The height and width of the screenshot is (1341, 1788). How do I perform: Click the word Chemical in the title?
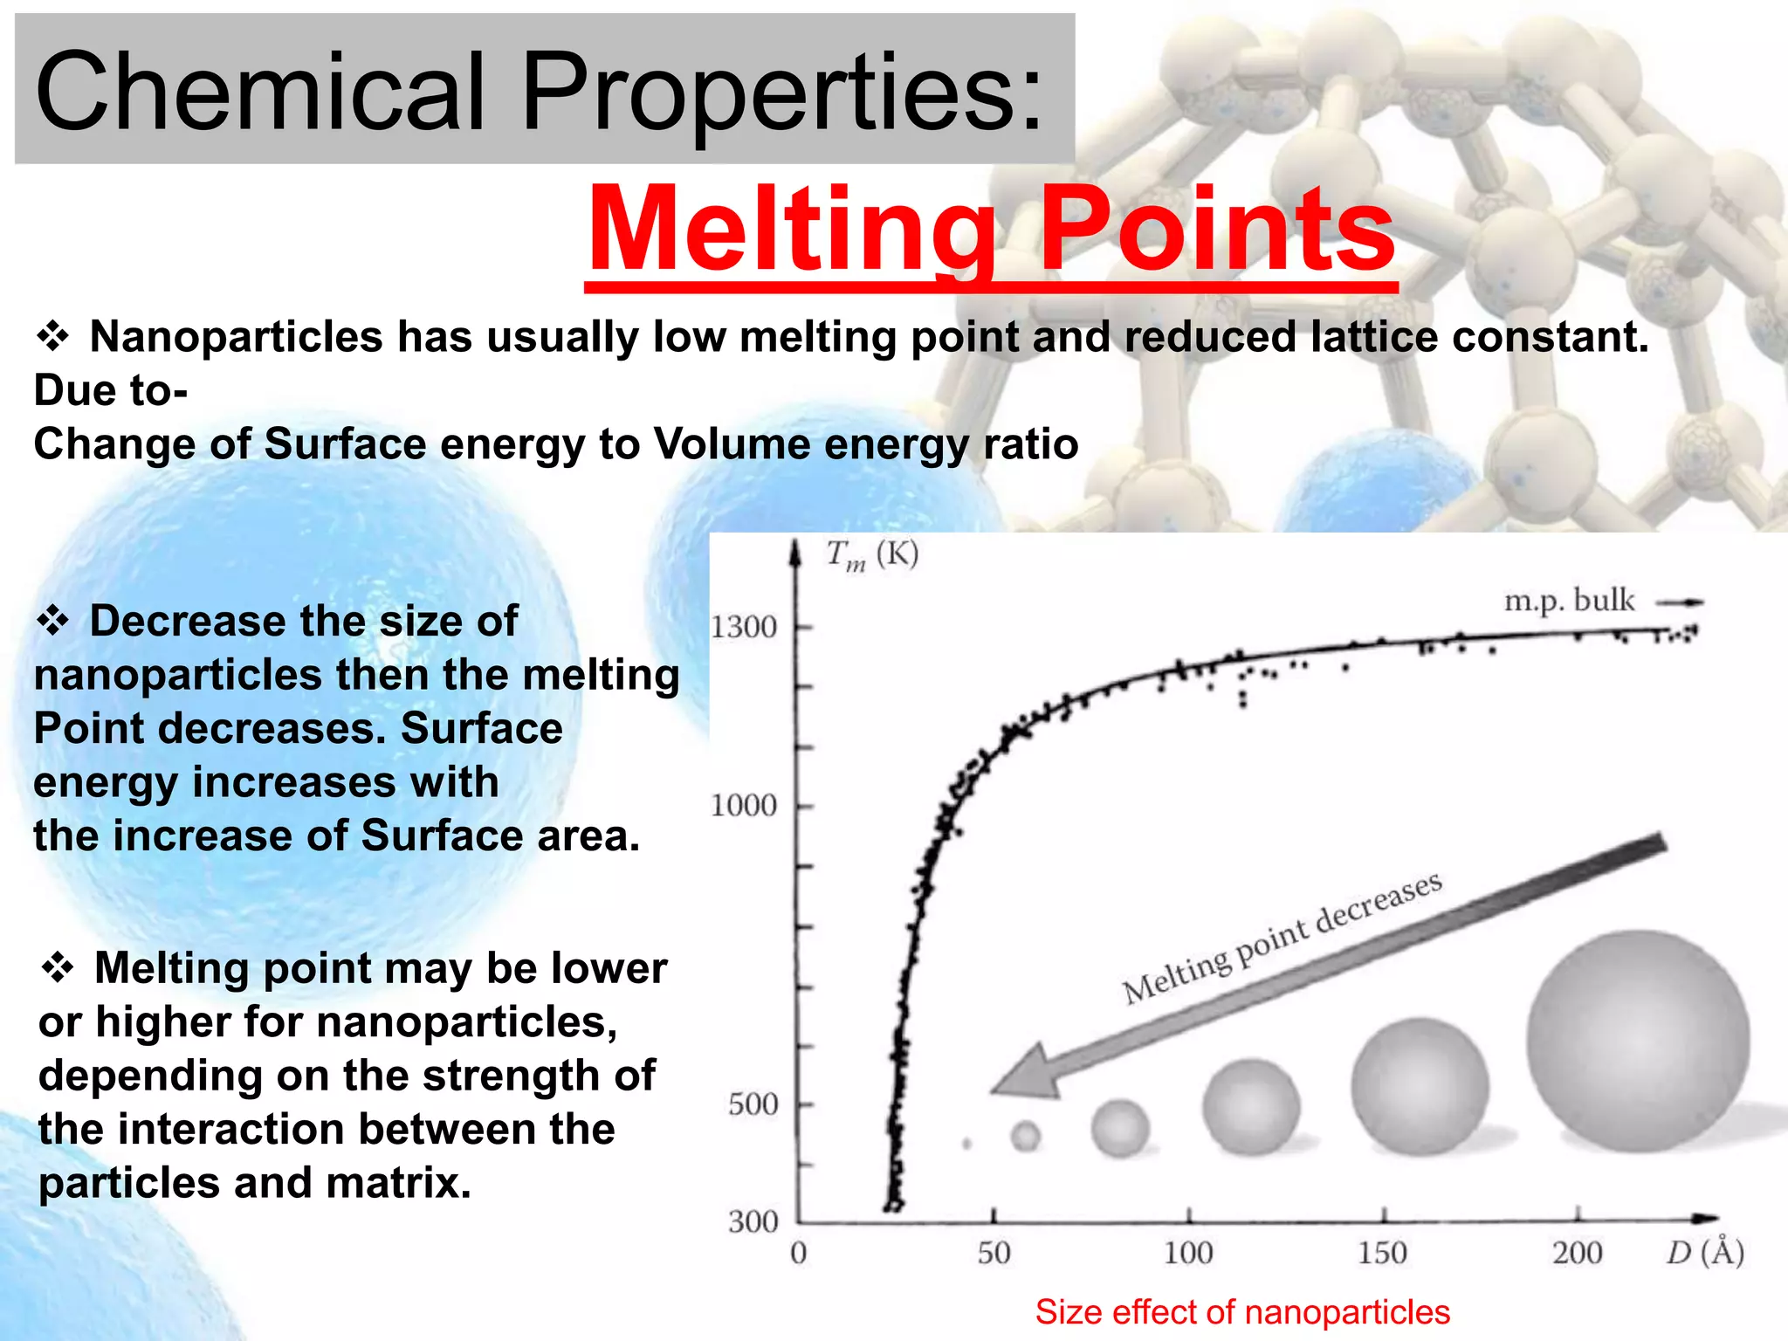[x=259, y=91]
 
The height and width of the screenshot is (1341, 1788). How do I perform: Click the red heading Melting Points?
[x=991, y=230]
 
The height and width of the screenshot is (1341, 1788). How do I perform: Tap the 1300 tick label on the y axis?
[x=743, y=627]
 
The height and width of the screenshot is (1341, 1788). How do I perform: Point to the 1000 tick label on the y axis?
[x=743, y=805]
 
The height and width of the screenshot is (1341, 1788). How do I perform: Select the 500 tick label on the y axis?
[x=753, y=1104]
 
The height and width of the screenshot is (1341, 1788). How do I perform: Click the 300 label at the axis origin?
[x=753, y=1221]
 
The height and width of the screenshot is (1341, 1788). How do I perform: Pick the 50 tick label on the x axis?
[x=994, y=1254]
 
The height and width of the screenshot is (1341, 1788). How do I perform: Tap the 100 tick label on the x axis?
[x=1188, y=1254]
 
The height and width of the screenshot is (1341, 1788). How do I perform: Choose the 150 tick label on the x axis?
[x=1382, y=1254]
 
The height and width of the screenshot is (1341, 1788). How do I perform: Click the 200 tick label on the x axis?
[x=1577, y=1254]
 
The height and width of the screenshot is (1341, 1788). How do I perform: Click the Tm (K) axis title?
[x=871, y=555]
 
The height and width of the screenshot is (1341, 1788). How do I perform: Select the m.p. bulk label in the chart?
[x=1569, y=601]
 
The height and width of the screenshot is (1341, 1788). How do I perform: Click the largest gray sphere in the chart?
[x=1638, y=1041]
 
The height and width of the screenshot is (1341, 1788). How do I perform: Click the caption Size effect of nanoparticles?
[x=1242, y=1312]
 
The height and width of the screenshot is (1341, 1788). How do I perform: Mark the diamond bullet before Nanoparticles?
[x=52, y=336]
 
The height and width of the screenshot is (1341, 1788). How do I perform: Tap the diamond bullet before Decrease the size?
[x=52, y=621]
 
